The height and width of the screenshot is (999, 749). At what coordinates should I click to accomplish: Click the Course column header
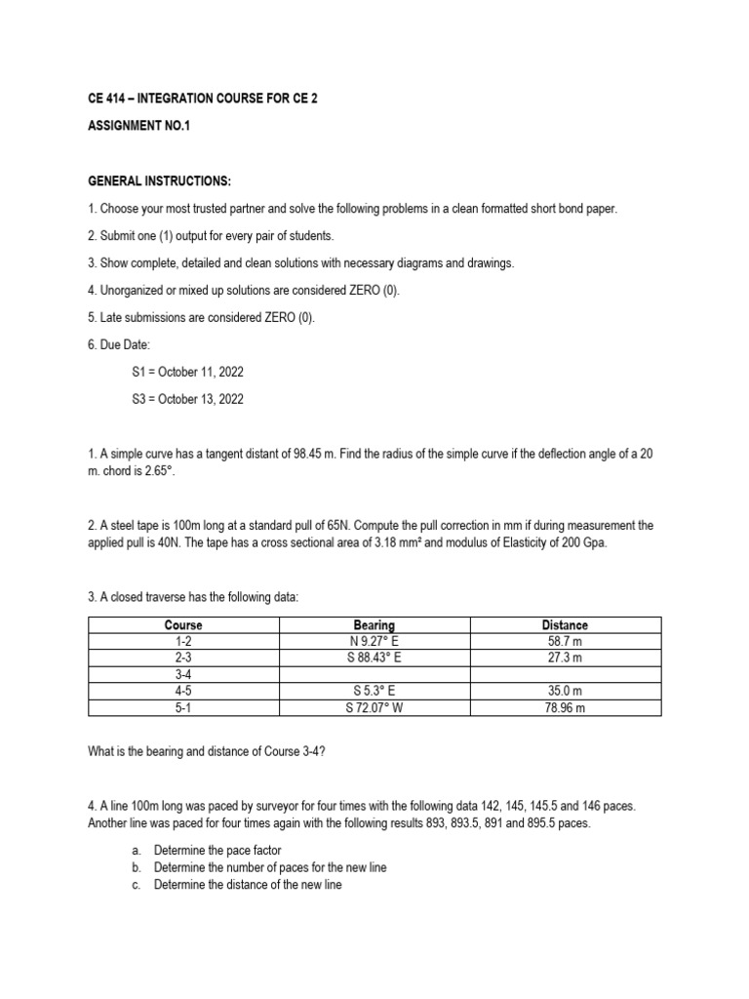click(183, 624)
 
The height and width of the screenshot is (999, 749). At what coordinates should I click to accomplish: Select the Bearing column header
click(374, 624)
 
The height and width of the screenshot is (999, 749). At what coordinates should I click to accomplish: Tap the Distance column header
click(565, 624)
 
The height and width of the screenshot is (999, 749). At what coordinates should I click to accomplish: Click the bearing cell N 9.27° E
click(374, 641)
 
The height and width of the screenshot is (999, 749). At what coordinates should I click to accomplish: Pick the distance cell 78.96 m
click(565, 708)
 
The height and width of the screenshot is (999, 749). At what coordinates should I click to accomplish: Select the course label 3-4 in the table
click(183, 675)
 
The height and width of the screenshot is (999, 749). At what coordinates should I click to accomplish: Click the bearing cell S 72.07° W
click(374, 708)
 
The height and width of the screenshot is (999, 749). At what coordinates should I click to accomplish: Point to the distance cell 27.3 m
click(565, 658)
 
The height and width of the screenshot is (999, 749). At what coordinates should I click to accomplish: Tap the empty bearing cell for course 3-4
click(374, 675)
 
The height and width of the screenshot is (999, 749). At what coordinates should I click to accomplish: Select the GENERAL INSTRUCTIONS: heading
click(147, 181)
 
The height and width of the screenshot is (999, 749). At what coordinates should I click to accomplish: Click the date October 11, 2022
click(199, 372)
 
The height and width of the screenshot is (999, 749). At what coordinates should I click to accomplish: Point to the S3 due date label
click(139, 399)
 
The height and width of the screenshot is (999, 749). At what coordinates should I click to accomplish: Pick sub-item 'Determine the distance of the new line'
click(248, 885)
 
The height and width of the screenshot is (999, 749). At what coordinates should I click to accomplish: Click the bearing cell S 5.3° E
click(374, 692)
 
